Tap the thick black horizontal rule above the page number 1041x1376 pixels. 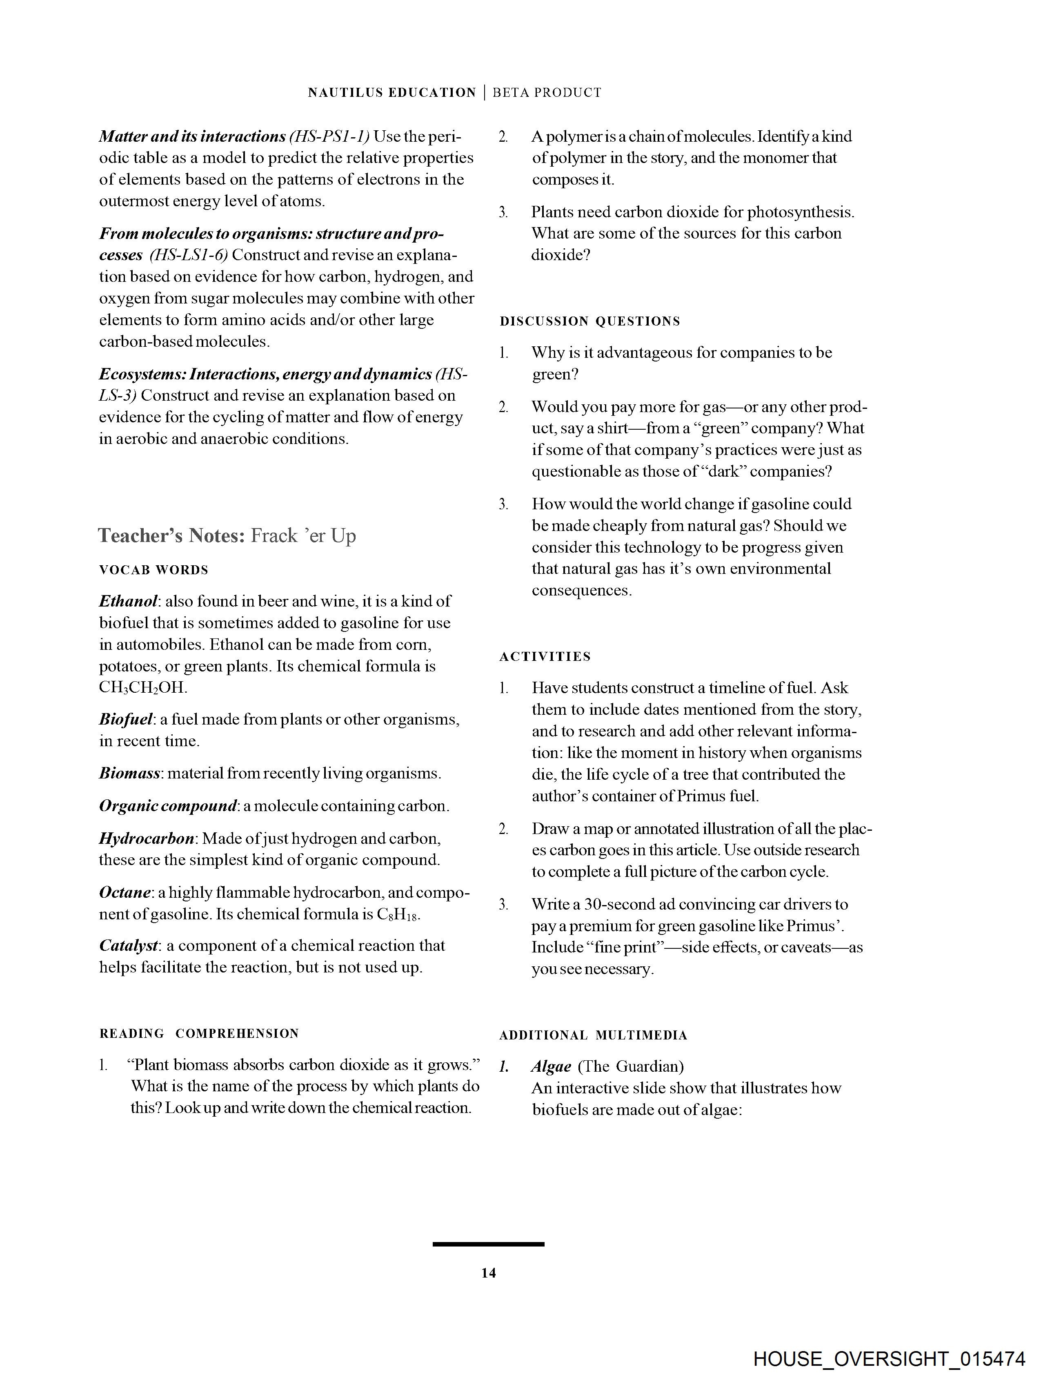click(488, 1244)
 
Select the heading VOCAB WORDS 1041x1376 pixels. click(153, 570)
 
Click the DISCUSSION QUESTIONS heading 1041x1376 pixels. click(589, 321)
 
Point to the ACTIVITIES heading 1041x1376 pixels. click(545, 657)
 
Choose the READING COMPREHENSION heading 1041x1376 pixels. click(199, 1034)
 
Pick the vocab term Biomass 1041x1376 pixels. click(130, 773)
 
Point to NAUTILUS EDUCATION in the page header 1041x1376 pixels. click(392, 93)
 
